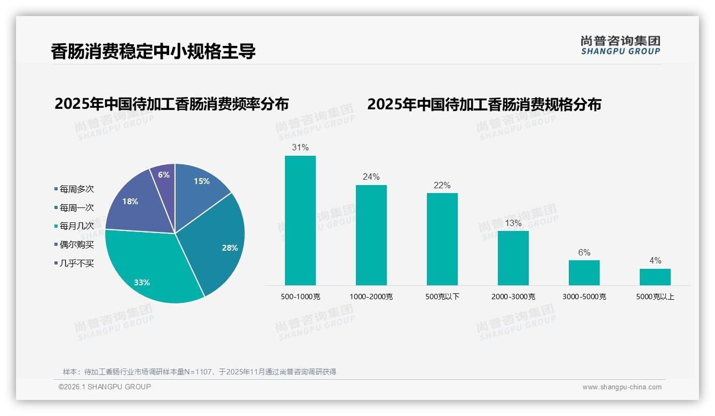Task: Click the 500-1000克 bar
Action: [x=300, y=220]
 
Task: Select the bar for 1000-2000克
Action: [x=371, y=235]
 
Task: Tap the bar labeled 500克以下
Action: [x=442, y=239]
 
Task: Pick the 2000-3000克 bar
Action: [x=513, y=258]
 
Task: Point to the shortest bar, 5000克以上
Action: [x=655, y=277]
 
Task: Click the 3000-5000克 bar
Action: [x=584, y=273]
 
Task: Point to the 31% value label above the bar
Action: [x=300, y=147]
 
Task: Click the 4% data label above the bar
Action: [x=655, y=260]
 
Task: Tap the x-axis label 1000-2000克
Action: [x=371, y=297]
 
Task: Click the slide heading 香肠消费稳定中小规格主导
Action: [x=153, y=51]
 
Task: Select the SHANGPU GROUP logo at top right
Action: [x=620, y=45]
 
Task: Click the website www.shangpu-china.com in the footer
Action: [x=622, y=387]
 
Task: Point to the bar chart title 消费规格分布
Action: [x=484, y=104]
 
